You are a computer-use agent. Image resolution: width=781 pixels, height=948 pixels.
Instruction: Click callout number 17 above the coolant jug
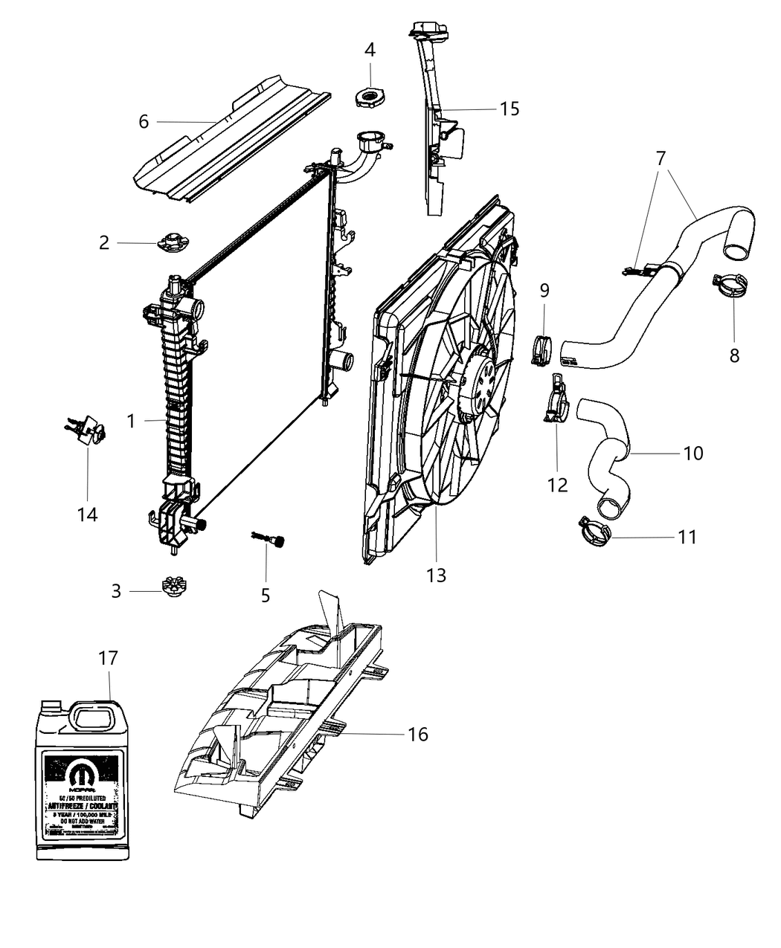click(x=108, y=659)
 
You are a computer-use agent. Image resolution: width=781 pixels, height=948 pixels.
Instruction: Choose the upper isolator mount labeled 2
click(x=171, y=242)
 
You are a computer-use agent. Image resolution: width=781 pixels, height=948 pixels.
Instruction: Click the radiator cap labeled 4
click(x=370, y=97)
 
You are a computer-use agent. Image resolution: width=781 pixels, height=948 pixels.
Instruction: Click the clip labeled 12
click(x=556, y=402)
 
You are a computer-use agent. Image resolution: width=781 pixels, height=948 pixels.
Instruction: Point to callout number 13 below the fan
click(x=436, y=575)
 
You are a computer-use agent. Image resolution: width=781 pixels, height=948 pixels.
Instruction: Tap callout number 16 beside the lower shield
click(x=418, y=734)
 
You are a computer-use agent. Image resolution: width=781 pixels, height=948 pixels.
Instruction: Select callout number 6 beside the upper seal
click(x=144, y=121)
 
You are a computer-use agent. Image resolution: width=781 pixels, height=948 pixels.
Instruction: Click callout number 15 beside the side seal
click(x=510, y=109)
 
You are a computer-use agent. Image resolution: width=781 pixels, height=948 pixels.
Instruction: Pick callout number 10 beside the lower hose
click(x=692, y=452)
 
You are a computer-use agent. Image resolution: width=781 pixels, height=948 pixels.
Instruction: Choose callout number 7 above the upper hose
click(x=661, y=158)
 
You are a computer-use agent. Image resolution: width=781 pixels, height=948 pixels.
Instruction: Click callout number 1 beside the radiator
click(x=131, y=422)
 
